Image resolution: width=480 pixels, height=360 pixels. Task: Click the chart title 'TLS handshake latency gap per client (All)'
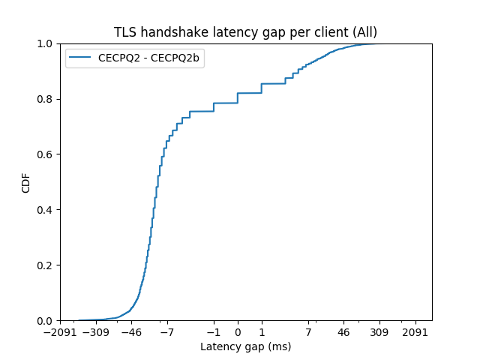[245, 32]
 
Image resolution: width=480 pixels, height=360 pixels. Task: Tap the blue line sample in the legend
[82, 56]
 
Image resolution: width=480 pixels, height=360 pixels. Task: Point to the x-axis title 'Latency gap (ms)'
[245, 346]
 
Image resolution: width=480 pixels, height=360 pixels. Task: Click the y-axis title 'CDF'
[26, 182]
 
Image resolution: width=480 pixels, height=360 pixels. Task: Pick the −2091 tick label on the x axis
[58, 331]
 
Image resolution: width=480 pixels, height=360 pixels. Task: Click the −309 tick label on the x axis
[95, 331]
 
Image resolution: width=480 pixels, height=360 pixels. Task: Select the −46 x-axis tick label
[131, 331]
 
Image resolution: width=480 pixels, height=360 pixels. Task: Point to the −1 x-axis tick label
[214, 331]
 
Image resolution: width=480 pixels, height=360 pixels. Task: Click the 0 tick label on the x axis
[238, 331]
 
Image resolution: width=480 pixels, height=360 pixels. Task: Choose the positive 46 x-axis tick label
[343, 331]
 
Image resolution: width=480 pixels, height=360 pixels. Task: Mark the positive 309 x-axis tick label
[379, 331]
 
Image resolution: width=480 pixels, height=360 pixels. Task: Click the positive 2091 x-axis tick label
[415, 331]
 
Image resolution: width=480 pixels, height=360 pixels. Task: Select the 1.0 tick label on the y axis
[45, 43]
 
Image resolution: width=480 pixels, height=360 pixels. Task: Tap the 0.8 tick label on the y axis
[45, 99]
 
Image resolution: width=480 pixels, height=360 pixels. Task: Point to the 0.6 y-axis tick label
[45, 154]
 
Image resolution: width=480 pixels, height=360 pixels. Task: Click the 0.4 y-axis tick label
[45, 210]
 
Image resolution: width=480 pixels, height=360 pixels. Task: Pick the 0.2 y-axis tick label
[45, 265]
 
